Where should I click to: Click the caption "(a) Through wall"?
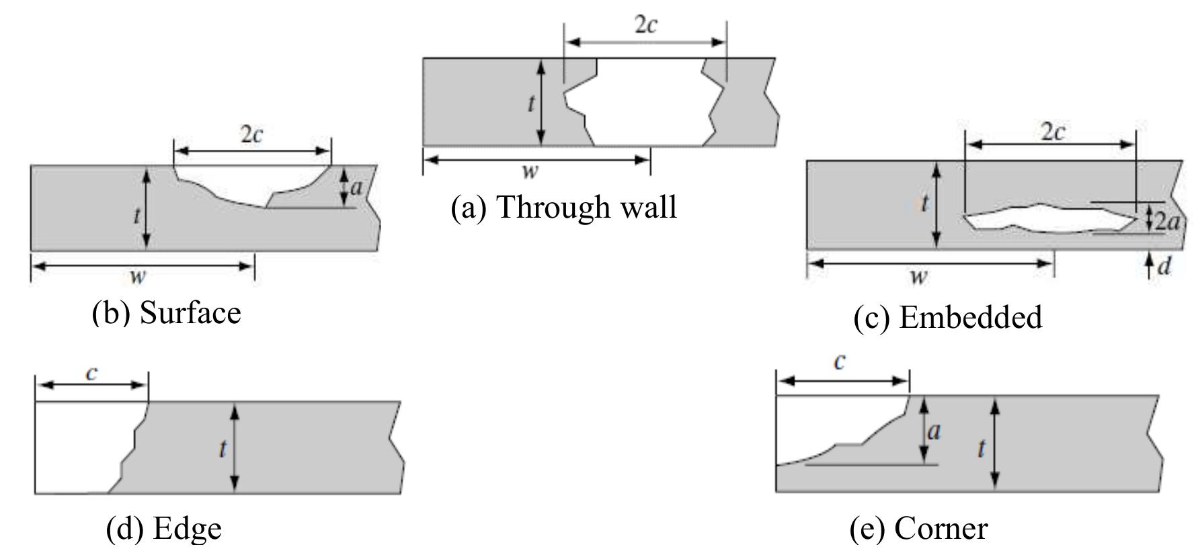point(563,207)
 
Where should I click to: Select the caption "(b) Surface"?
point(166,313)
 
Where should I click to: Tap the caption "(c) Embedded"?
point(947,317)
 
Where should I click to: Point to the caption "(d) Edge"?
point(164,528)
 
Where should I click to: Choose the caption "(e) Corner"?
point(919,528)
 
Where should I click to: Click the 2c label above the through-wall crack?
point(645,25)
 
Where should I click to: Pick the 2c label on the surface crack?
point(251,134)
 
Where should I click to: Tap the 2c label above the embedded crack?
point(1052,132)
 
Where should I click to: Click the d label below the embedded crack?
point(1164,267)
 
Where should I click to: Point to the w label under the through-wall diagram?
point(530,171)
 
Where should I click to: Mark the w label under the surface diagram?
point(138,275)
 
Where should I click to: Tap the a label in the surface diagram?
point(356,187)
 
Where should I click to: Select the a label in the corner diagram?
point(933,431)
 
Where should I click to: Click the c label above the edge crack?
point(92,373)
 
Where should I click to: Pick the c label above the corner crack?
point(839,362)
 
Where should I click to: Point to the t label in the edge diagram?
point(222,448)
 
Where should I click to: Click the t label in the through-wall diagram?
point(531,103)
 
